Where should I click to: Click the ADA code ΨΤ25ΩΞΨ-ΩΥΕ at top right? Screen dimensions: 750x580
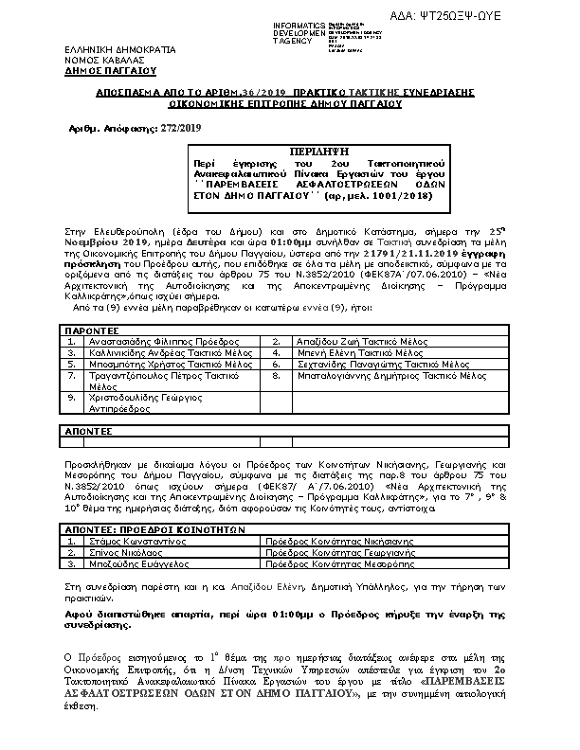coord(513,17)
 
